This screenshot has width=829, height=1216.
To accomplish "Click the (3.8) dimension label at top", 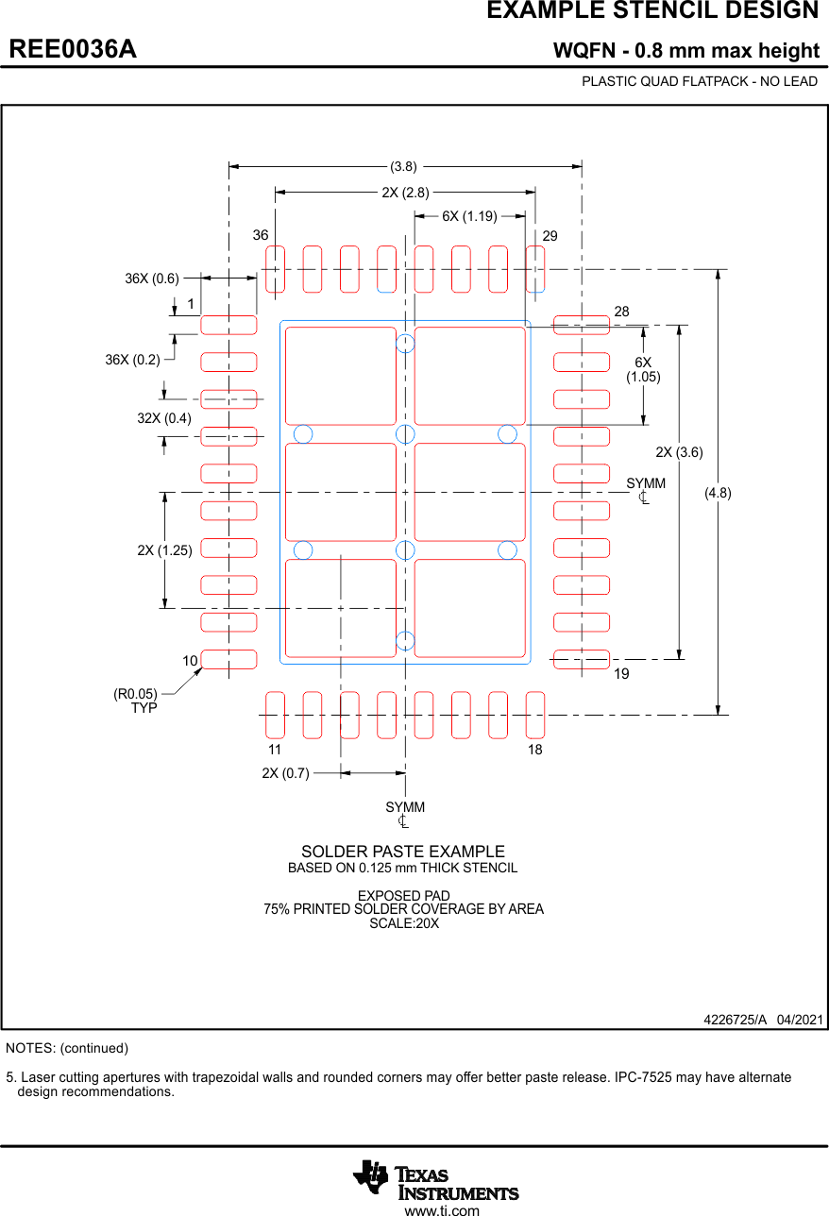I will pyautogui.click(x=404, y=166).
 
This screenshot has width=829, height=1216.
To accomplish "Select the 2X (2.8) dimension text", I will pyautogui.click(x=405, y=193).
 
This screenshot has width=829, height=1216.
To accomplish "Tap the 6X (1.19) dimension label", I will pyautogui.click(x=469, y=216).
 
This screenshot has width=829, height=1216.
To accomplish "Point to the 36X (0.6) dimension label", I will pyautogui.click(x=151, y=279).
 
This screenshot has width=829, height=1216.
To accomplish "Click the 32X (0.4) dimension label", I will pyautogui.click(x=163, y=418).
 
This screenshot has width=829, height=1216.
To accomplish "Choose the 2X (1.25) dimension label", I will pyautogui.click(x=164, y=550).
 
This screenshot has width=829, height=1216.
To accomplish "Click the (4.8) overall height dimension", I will pyautogui.click(x=718, y=492).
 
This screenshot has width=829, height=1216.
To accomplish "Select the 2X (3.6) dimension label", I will pyautogui.click(x=679, y=452).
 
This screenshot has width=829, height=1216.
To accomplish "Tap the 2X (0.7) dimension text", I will pyautogui.click(x=285, y=773).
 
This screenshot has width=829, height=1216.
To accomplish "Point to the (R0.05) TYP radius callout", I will pyautogui.click(x=135, y=701).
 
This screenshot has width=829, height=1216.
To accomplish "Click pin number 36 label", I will pyautogui.click(x=261, y=235).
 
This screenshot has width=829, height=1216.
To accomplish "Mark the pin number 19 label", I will pyautogui.click(x=621, y=674).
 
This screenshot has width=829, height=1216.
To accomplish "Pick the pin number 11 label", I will pyautogui.click(x=274, y=750).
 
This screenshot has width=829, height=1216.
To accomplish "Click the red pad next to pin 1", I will pyautogui.click(x=228, y=325).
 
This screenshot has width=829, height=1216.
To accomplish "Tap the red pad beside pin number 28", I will pyautogui.click(x=581, y=325).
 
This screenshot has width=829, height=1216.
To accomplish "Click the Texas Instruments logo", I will pyautogui.click(x=435, y=1179).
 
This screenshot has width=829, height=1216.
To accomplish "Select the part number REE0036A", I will pyautogui.click(x=73, y=49).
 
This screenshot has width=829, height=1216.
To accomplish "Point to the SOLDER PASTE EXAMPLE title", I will pyautogui.click(x=403, y=852).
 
